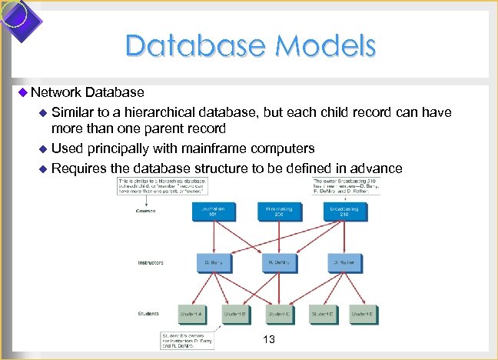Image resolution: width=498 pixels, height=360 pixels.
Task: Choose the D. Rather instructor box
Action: [x=342, y=262]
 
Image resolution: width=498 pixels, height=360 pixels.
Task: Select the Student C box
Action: [x=280, y=314]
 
